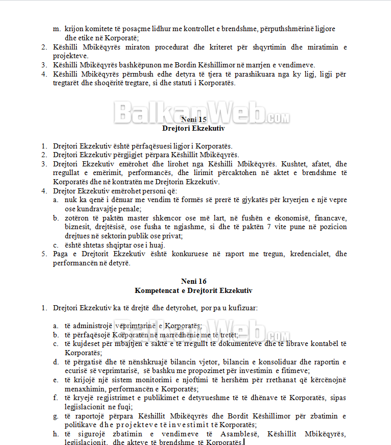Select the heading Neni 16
pyautogui.click(x=194, y=281)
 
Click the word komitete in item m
pyautogui.click(x=100, y=29)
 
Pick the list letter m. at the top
pyautogui.click(x=57, y=29)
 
